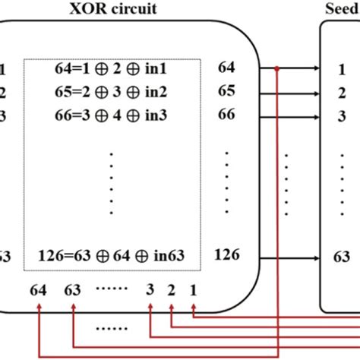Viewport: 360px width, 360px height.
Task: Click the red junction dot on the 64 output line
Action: [278, 70]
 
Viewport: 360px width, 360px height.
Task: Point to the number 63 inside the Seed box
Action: [342, 257]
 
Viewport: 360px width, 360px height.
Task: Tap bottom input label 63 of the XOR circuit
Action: [71, 289]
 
